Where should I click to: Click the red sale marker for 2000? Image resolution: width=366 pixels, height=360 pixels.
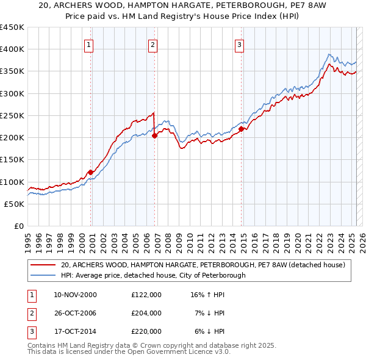91,172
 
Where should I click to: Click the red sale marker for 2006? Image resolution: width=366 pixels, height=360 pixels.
154,136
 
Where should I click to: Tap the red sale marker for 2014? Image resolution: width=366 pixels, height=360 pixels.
242,129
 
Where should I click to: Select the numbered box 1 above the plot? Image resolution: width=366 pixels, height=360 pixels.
89,44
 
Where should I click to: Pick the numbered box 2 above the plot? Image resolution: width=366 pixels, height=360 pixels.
152,44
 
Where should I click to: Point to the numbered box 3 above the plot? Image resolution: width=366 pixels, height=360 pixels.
240,44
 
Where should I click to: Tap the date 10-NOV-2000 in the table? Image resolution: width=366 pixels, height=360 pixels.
76,295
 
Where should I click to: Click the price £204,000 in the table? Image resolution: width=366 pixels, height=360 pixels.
146,313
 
